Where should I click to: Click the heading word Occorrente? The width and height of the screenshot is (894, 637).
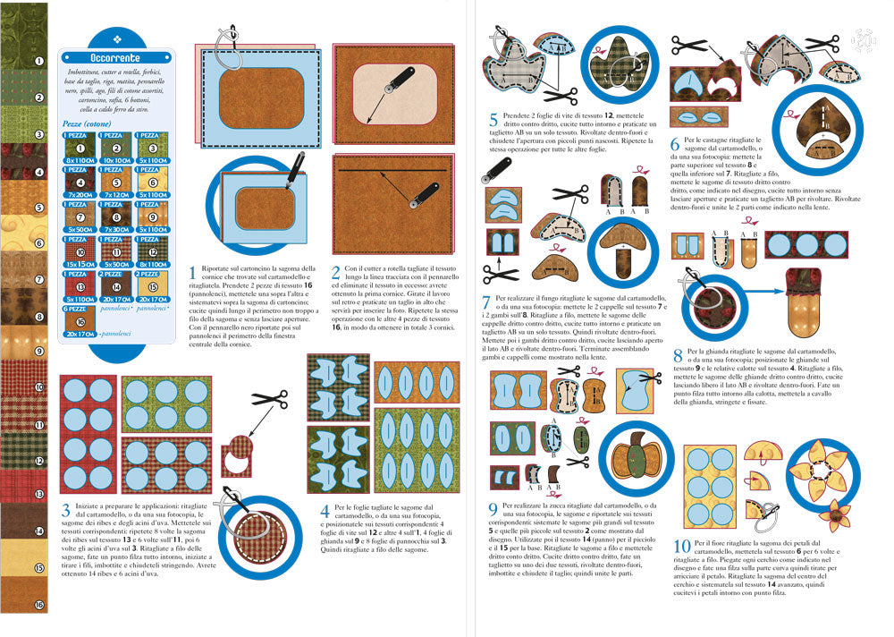(115, 58)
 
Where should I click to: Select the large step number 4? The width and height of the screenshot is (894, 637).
(326, 512)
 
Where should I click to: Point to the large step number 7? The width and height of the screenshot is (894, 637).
(486, 302)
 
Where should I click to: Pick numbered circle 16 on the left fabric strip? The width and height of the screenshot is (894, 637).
(38, 606)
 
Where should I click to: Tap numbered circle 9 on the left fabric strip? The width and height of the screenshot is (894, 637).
(38, 352)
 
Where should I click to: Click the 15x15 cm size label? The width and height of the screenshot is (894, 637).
(78, 265)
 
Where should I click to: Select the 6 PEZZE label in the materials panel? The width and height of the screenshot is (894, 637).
(78, 308)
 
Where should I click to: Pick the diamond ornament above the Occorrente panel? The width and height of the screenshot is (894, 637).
(115, 38)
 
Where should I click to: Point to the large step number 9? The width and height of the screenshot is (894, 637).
(493, 509)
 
